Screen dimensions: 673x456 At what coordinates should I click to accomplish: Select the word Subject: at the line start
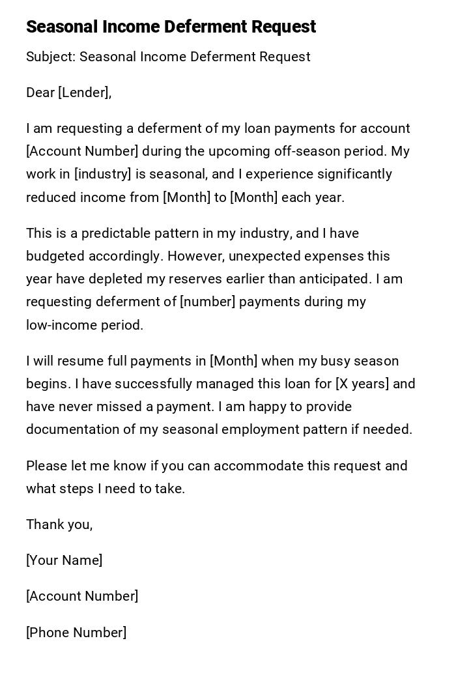[51, 57]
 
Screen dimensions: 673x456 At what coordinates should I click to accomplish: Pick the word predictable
[108, 233]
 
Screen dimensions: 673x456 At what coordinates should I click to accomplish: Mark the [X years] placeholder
[362, 384]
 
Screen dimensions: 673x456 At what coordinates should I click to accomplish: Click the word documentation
[70, 429]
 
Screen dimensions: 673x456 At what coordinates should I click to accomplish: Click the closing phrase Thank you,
[59, 524]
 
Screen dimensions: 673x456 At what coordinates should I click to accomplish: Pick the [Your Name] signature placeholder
[64, 560]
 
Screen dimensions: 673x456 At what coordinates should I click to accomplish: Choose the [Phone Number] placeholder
[76, 633]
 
